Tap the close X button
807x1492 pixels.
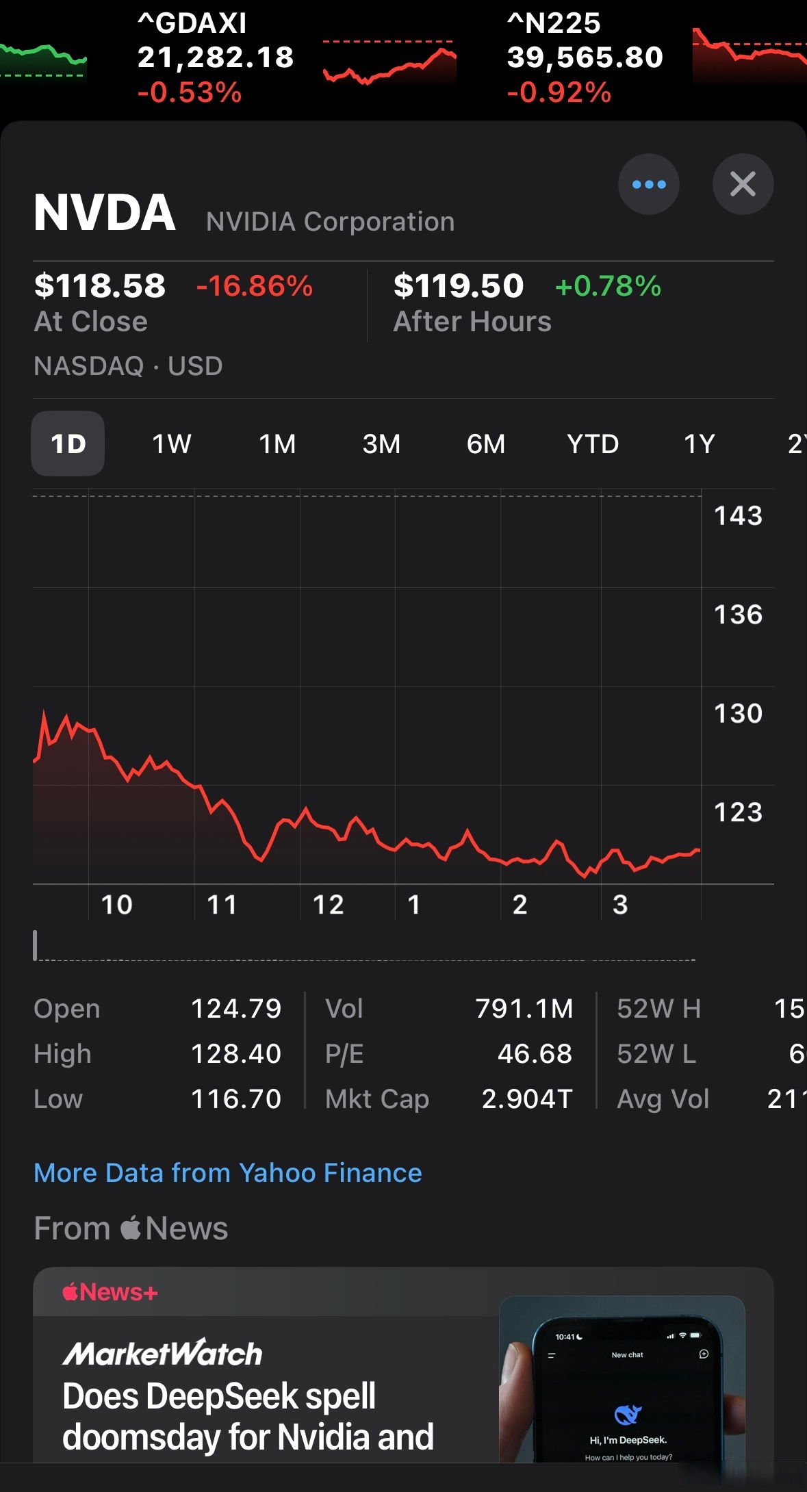coord(743,184)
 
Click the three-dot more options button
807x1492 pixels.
coord(648,184)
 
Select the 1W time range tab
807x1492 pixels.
coord(172,444)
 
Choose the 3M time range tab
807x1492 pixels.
coord(381,444)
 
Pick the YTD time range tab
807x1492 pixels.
coord(593,444)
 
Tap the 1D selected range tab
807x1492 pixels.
coord(68,444)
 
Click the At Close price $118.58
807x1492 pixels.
coord(100,285)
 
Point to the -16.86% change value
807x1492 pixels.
coord(255,285)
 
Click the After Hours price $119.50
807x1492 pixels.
coord(459,285)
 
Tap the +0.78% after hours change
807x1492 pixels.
coord(609,285)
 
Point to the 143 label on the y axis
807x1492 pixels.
coord(738,515)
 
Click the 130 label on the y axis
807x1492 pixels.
coord(738,713)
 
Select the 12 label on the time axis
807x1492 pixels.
coord(328,905)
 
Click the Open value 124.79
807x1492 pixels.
coord(236,1009)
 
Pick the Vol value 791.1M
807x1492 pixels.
coord(524,1009)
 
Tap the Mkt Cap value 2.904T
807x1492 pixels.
coord(527,1099)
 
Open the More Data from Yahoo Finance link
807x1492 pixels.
coord(228,1173)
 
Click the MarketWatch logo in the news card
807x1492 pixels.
coord(163,1353)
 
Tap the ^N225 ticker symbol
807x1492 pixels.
coord(554,23)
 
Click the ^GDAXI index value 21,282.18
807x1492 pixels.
coord(216,57)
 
